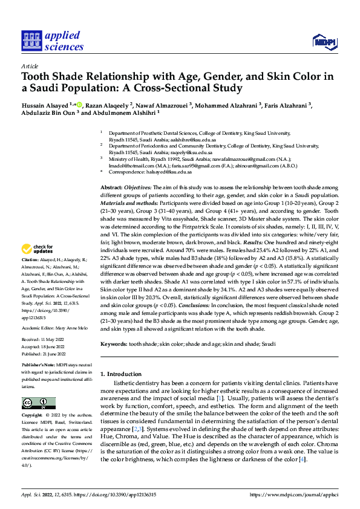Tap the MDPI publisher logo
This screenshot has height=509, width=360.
(x=323, y=41)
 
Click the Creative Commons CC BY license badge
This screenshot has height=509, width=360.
(x=38, y=403)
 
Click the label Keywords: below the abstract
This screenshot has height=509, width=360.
(x=114, y=343)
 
